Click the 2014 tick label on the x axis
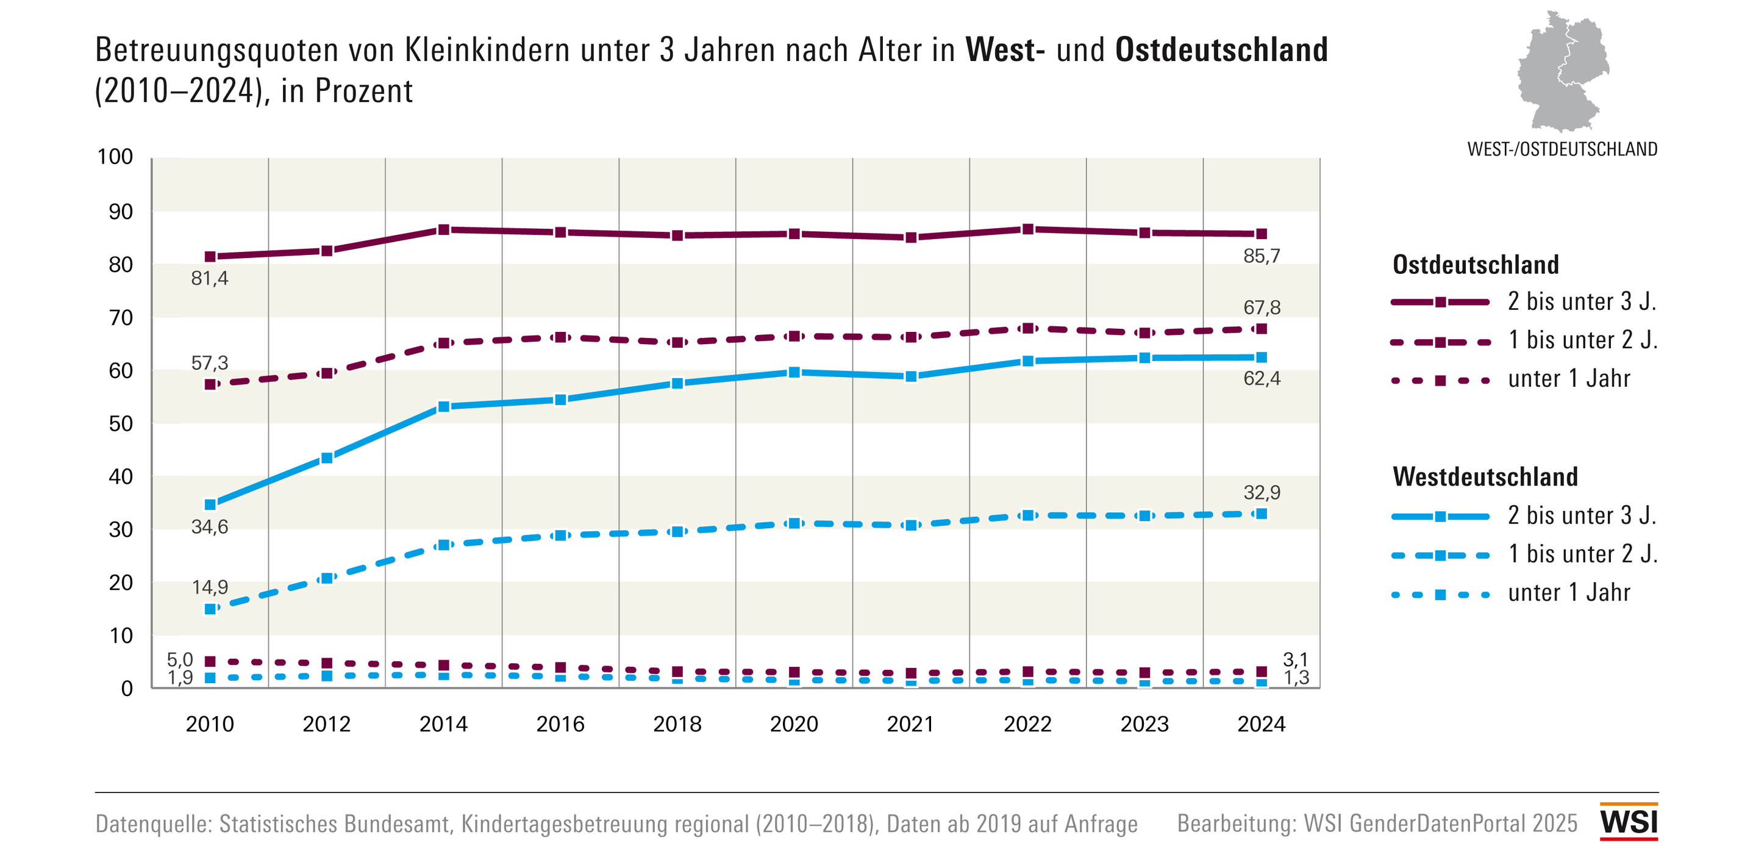click(x=443, y=724)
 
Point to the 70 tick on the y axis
click(x=121, y=318)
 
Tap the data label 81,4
click(x=209, y=278)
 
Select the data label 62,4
click(x=1261, y=378)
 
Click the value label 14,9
click(x=209, y=587)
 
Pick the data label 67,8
click(x=1261, y=307)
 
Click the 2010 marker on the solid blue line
click(x=210, y=504)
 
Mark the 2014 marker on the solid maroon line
click(x=444, y=230)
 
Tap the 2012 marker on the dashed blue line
click(x=327, y=578)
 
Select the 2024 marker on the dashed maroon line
click(x=1261, y=329)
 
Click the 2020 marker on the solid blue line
click(x=794, y=372)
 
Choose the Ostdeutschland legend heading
click(x=1475, y=265)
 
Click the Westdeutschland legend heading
click(x=1485, y=476)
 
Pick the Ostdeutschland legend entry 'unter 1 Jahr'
click(x=1568, y=379)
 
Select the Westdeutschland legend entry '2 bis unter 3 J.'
click(x=1582, y=515)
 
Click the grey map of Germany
click(x=1562, y=71)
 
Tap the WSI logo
click(x=1629, y=821)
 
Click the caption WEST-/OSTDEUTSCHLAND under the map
click(x=1561, y=149)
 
